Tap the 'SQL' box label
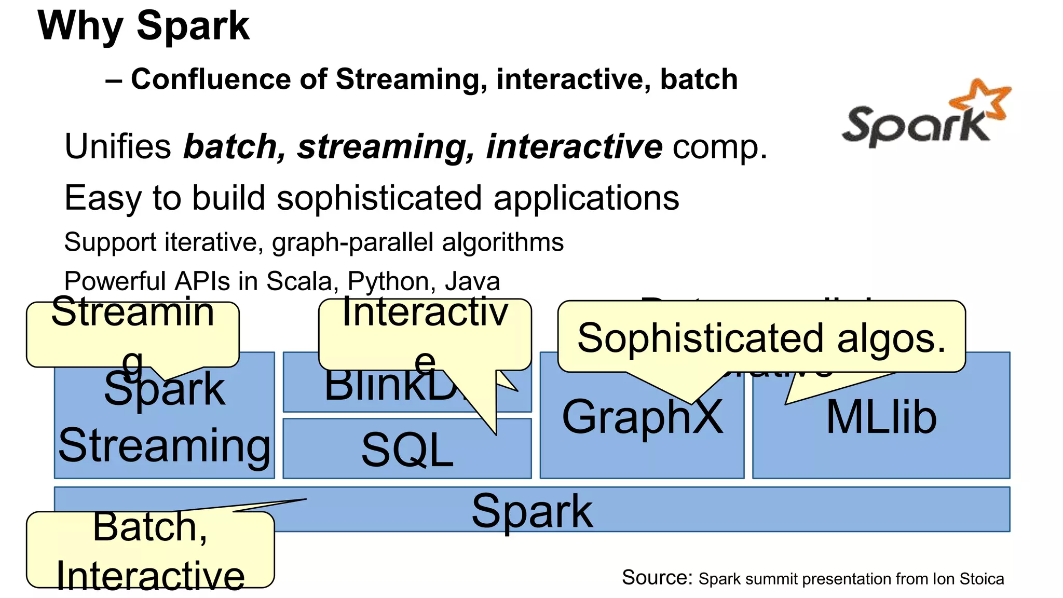(x=407, y=450)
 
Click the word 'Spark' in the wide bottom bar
(x=531, y=511)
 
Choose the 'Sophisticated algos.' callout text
(x=761, y=338)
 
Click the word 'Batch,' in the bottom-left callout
(x=150, y=527)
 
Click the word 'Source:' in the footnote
(x=657, y=578)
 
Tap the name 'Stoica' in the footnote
(x=982, y=579)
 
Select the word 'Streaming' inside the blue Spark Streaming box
(x=164, y=445)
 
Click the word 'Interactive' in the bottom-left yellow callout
(x=150, y=575)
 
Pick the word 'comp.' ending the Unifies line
(x=720, y=147)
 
